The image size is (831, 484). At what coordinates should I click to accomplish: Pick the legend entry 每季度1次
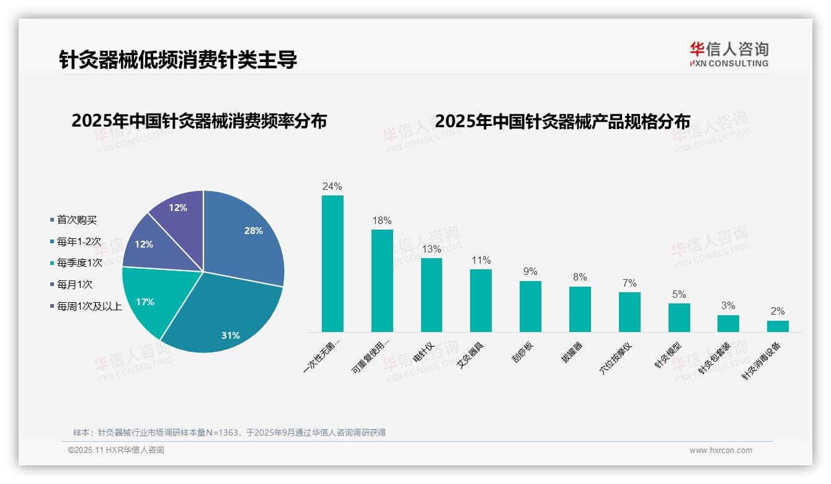[79, 263]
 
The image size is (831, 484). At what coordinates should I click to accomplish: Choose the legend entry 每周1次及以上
[89, 307]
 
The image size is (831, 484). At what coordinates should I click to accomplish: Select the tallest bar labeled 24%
[332, 264]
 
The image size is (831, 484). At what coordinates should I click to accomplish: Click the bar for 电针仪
[432, 295]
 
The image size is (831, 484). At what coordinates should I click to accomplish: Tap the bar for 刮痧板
[530, 307]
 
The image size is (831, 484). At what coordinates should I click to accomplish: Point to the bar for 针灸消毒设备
[778, 326]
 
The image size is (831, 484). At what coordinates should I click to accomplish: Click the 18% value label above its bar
[382, 221]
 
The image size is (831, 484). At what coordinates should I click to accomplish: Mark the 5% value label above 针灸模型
[679, 295]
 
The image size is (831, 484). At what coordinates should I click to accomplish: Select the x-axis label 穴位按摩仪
[616, 357]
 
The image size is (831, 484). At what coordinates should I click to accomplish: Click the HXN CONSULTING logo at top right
[729, 55]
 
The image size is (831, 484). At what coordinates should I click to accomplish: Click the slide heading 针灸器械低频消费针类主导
[178, 60]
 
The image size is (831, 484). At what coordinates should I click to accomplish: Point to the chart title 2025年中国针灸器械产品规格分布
[562, 121]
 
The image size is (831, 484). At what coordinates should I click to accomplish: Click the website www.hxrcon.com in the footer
[721, 450]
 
